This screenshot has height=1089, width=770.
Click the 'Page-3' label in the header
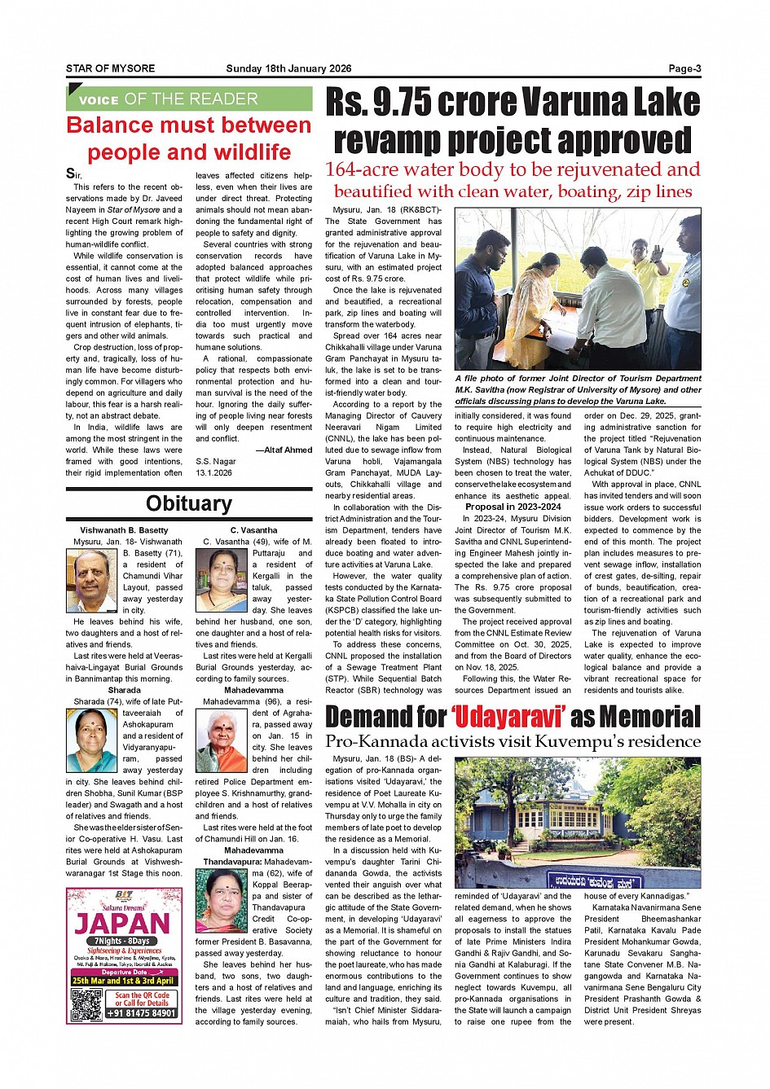684,69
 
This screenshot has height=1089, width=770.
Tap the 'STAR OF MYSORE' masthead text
110,69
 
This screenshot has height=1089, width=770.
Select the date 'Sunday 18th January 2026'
288,69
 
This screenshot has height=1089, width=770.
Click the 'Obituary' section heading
189,503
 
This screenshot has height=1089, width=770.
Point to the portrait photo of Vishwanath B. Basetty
92,581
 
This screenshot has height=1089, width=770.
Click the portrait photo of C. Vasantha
222,581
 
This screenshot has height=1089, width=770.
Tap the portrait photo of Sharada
92,740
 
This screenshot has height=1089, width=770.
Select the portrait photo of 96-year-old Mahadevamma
222,740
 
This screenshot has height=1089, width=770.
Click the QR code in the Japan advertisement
86,1005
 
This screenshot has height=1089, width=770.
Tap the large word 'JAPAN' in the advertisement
123,924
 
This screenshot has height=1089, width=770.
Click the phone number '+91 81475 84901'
141,1013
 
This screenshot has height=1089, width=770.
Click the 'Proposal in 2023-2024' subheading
513,507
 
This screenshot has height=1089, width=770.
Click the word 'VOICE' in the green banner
99,100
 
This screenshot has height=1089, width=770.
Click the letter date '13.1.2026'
213,472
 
